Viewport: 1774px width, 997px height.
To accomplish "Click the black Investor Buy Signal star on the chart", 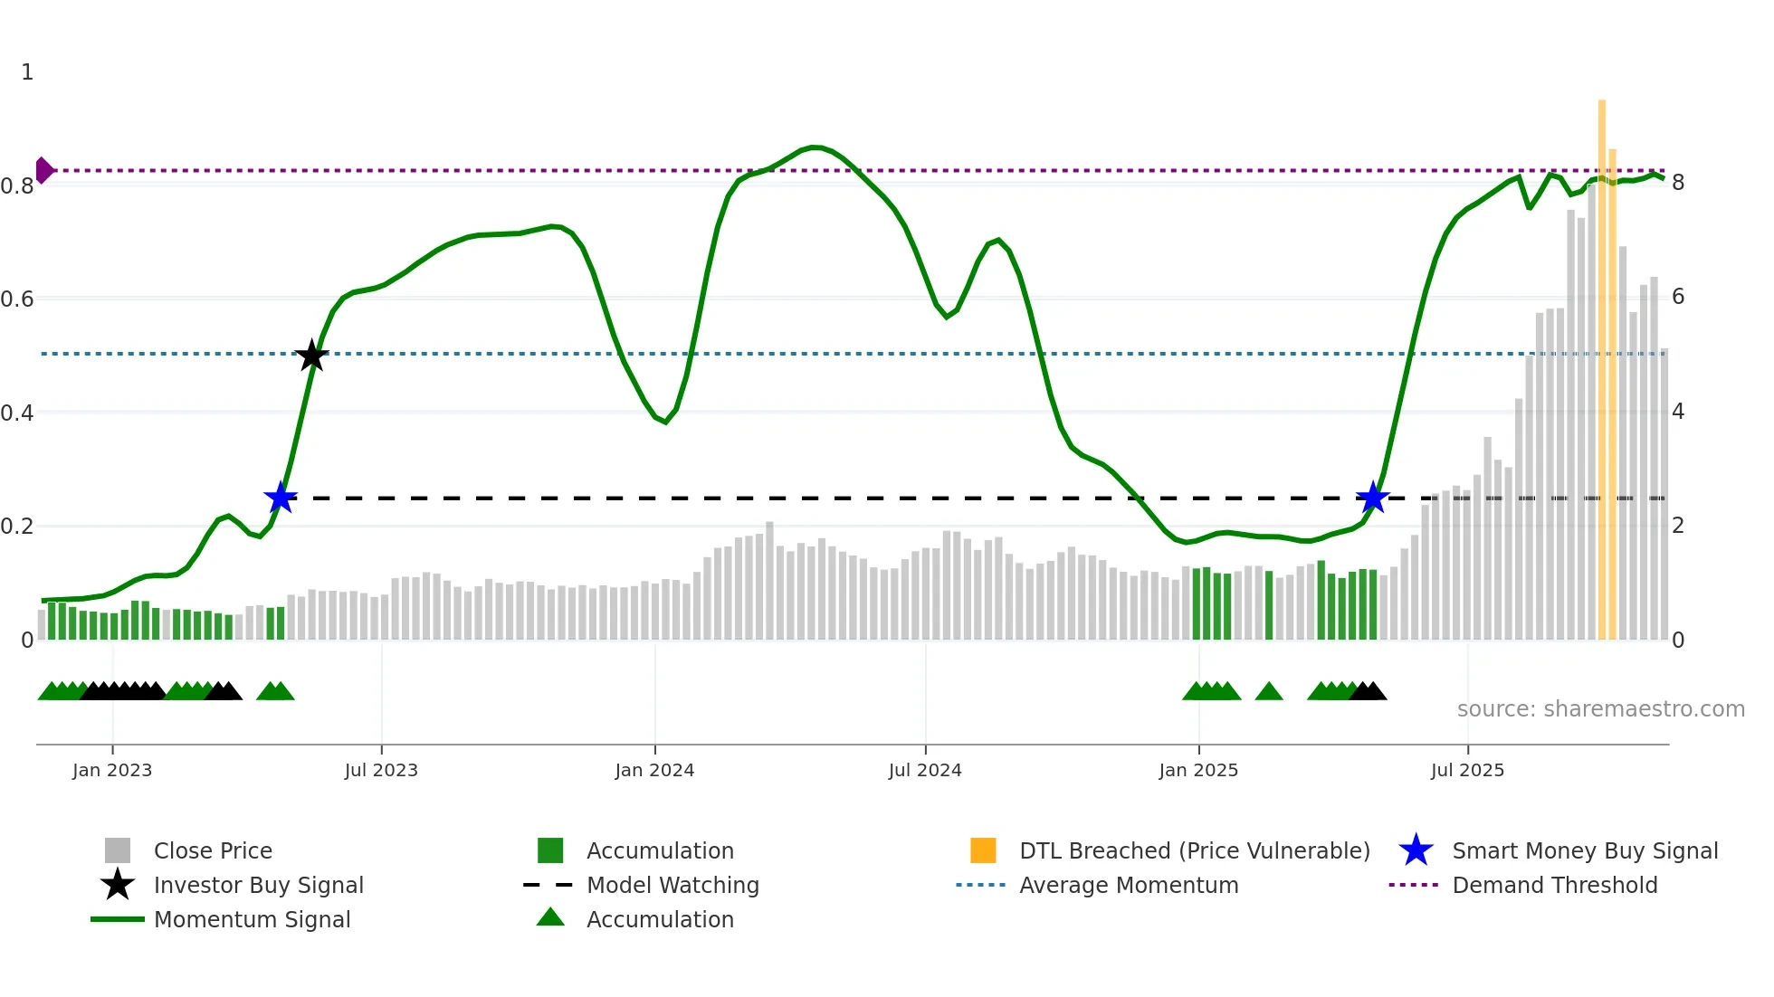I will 312,356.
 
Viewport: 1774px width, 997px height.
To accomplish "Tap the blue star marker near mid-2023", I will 281,498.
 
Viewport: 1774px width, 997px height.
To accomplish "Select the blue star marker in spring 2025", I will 1373,498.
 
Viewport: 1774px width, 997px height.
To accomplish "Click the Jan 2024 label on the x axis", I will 654,770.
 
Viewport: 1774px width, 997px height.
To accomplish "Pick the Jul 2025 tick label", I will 1467,770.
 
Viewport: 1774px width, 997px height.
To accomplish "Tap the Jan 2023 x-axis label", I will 112,770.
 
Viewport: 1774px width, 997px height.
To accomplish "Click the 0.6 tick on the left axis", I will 17,299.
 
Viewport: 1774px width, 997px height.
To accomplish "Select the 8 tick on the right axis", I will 1678,183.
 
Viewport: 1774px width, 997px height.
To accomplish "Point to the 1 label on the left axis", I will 27,72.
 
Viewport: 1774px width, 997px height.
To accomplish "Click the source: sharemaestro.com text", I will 1600,709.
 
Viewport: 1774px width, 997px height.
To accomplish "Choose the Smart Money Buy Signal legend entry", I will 1584,850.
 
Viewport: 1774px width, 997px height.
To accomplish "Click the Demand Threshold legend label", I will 1554,885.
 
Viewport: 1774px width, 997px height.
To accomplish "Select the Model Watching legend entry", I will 672,885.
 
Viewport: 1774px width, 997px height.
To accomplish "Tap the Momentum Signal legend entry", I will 252,919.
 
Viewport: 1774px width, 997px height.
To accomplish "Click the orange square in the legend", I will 983,850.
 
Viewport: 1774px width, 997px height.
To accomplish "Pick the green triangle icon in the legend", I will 550,917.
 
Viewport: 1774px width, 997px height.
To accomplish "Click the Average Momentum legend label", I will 1128,885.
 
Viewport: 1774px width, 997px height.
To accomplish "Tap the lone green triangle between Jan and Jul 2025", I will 1269,692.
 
